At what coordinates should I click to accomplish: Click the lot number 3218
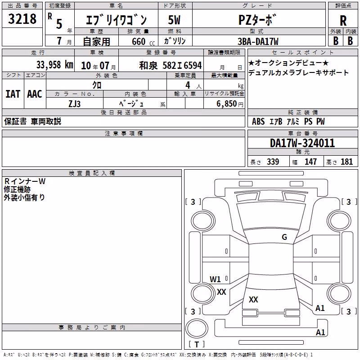pos(22,19)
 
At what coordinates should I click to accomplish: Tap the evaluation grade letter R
pos(343,21)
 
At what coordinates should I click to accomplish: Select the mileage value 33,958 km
pos(54,65)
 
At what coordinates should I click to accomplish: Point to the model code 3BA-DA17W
pos(258,41)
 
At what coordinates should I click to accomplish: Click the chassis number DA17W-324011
pos(302,143)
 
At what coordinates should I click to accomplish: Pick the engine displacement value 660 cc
pos(143,42)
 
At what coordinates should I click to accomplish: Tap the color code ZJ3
pos(75,104)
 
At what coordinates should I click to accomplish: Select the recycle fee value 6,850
pos(227,104)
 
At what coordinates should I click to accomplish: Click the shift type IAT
pos(13,94)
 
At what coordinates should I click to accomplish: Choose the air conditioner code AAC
pos(35,94)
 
